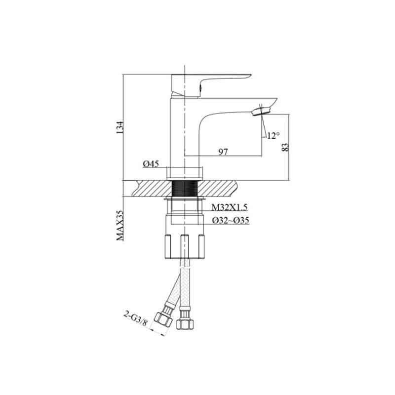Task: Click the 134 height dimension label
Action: pos(120,127)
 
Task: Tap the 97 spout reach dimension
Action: pos(223,152)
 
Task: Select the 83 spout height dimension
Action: pos(285,147)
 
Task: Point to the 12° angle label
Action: pos(274,136)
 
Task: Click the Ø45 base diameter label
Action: pos(151,164)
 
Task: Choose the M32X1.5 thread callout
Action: pos(230,207)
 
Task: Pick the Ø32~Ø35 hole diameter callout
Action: pos(231,220)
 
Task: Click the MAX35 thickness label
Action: pos(120,226)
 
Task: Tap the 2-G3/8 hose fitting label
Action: pos(135,318)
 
